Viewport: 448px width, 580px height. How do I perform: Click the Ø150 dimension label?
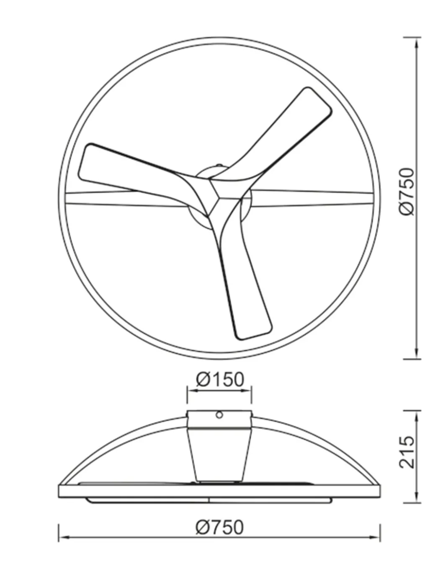pos(220,379)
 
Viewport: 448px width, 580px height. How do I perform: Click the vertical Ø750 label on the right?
pos(407,192)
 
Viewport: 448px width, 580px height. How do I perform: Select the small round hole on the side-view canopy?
pos(219,415)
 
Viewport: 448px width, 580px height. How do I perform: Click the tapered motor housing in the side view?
pos(219,454)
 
